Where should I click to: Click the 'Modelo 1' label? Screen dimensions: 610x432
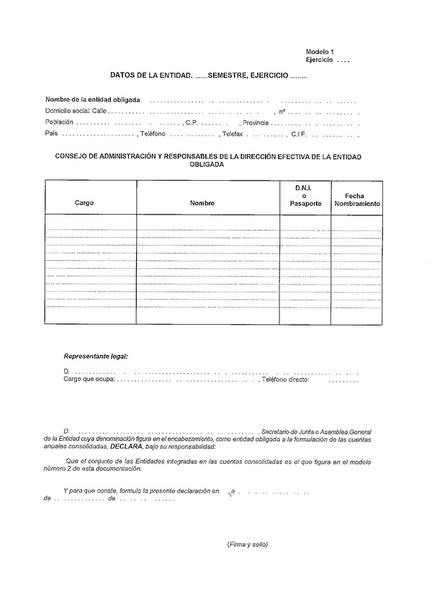(320, 53)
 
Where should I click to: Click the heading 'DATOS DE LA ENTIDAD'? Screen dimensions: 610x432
(150, 75)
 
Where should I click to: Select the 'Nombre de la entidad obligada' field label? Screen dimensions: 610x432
(93, 99)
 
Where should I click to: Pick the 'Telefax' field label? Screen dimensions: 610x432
(232, 135)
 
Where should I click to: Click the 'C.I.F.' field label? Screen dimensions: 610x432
(300, 135)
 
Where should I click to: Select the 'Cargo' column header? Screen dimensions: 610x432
(84, 203)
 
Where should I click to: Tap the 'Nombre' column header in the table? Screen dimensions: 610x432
(202, 204)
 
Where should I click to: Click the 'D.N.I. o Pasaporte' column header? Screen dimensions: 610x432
(302, 195)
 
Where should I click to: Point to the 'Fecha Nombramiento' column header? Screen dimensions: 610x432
(356, 199)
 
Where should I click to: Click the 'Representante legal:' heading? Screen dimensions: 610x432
(96, 356)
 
